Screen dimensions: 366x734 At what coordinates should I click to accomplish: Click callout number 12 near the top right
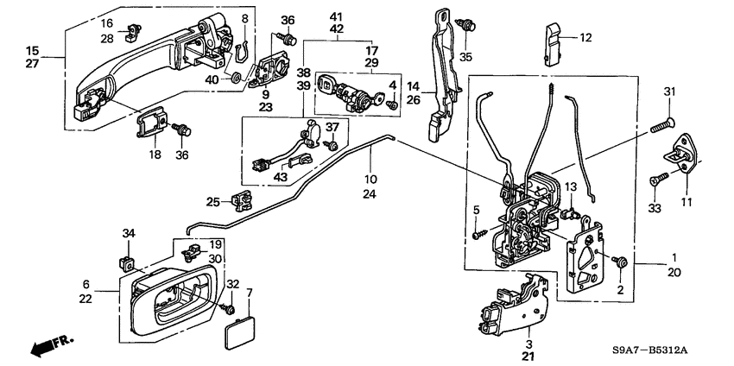click(x=585, y=37)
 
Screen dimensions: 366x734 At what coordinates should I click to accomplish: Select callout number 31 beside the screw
click(x=668, y=93)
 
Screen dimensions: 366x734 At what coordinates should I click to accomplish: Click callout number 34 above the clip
click(x=129, y=233)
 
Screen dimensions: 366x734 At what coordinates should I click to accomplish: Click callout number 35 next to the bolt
click(x=467, y=58)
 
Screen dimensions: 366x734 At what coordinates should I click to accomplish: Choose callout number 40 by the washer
click(x=212, y=79)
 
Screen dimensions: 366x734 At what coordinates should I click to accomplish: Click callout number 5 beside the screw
click(x=476, y=210)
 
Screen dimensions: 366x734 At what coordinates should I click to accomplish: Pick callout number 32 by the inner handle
click(x=231, y=284)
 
